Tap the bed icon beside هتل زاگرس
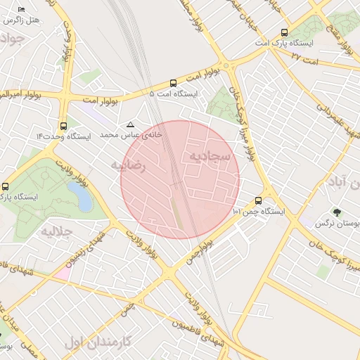coord(21,8)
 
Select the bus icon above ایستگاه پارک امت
coord(284,32)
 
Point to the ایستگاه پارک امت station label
coord(284,44)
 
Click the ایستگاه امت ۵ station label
coord(174,93)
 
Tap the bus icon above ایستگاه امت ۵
coord(174,82)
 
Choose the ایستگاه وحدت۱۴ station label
coord(64,136)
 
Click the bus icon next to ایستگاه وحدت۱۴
coord(64,126)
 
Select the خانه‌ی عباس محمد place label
coord(131,134)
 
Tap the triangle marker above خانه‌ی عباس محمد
coord(130,124)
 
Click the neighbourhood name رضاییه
coord(127,166)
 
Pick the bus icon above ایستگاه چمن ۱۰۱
coord(259,200)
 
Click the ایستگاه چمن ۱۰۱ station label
coord(258,211)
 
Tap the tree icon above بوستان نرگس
coord(337,213)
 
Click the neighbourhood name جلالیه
coord(56,231)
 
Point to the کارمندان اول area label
coord(98,343)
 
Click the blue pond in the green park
coord(84,199)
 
